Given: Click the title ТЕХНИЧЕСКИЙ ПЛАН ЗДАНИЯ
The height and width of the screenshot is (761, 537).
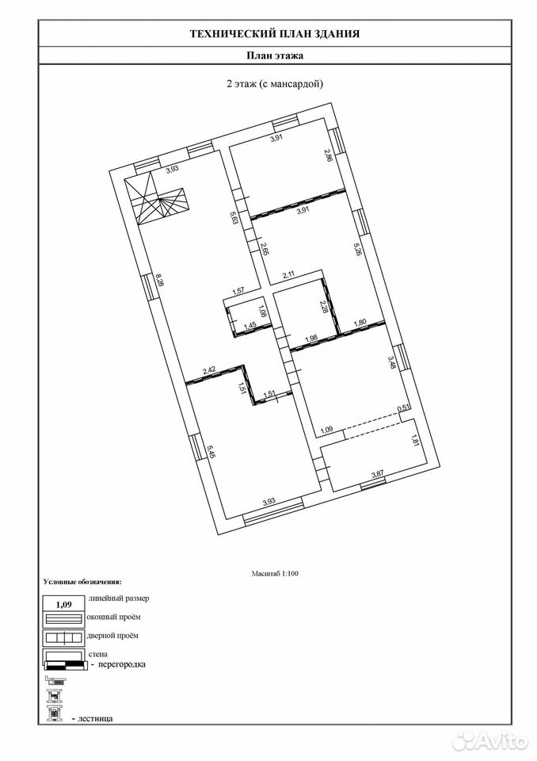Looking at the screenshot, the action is [x=275, y=33].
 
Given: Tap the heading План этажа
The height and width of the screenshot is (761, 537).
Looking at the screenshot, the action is [x=275, y=55].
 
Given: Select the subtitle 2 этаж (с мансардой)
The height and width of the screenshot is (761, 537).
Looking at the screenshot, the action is [x=275, y=83].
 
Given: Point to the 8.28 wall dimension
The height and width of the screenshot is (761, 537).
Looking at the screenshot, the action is [x=159, y=281].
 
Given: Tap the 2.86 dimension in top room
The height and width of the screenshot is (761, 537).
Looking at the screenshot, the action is [x=329, y=155].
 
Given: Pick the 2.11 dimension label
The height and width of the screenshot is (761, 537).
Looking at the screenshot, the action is [x=289, y=274].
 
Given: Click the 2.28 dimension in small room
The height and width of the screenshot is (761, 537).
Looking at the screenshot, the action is [x=324, y=307].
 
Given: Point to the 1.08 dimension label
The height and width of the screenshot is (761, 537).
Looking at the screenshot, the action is [x=262, y=311].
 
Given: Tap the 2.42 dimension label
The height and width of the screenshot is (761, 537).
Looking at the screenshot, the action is [x=209, y=370].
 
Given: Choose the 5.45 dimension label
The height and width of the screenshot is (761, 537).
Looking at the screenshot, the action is [x=211, y=453].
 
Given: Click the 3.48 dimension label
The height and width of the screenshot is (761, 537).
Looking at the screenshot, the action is [x=392, y=363].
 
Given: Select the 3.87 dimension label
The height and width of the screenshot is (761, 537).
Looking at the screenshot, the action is [x=377, y=475].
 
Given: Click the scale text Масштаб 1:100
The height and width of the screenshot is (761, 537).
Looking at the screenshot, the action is [x=275, y=573].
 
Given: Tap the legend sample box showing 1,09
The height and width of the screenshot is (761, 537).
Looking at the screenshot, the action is [x=64, y=604].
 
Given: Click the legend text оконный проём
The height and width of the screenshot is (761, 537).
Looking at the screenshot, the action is [x=113, y=617].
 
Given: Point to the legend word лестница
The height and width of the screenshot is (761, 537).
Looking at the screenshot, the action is [x=95, y=718].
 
